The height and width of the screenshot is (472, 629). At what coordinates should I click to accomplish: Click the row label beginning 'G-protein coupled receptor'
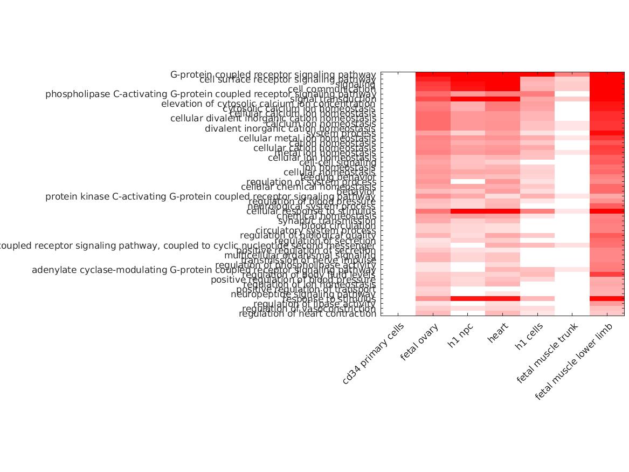273,74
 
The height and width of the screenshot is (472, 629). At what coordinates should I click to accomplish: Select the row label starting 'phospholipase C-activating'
210,94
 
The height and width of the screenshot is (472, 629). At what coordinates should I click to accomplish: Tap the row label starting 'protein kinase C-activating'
210,196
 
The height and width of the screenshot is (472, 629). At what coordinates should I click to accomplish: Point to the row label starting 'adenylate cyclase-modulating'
204,270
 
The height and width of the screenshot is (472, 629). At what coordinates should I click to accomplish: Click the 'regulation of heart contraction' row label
307,313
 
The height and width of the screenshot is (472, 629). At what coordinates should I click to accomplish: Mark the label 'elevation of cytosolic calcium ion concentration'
268,104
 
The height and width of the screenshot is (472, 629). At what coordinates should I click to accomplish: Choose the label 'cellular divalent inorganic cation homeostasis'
273,118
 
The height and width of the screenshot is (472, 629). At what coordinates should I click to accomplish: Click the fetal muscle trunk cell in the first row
572,74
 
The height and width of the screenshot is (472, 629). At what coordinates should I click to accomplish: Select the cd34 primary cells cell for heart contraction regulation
398,313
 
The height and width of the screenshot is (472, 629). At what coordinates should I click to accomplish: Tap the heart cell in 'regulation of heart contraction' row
502,313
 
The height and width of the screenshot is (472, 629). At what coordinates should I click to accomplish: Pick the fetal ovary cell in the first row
433,74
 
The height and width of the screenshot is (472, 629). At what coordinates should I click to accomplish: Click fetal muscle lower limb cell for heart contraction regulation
607,313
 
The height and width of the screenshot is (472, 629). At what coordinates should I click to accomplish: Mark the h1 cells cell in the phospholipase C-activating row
537,94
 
